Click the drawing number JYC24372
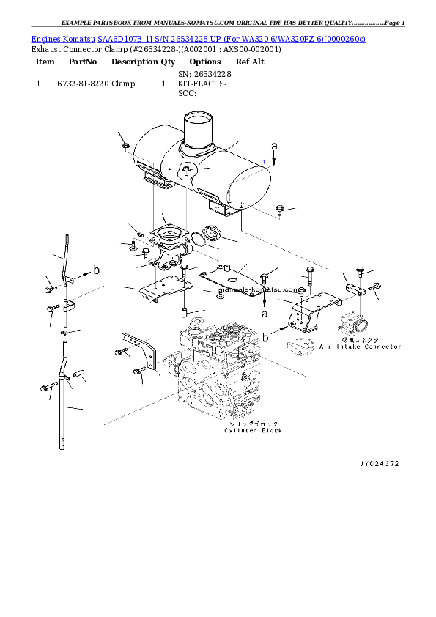[379, 463]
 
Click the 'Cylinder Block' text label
[253, 431]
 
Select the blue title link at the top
[198, 37]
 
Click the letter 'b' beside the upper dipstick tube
[97, 271]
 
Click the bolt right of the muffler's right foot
[279, 210]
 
